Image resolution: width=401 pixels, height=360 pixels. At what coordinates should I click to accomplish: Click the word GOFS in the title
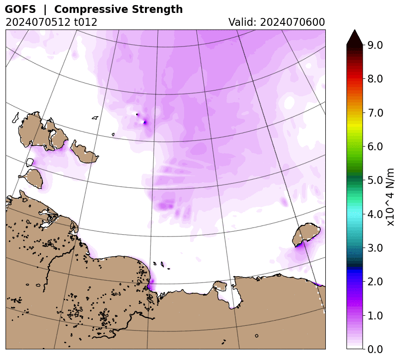tap(20, 9)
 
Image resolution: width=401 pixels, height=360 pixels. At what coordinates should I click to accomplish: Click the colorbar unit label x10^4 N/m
tap(390, 197)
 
